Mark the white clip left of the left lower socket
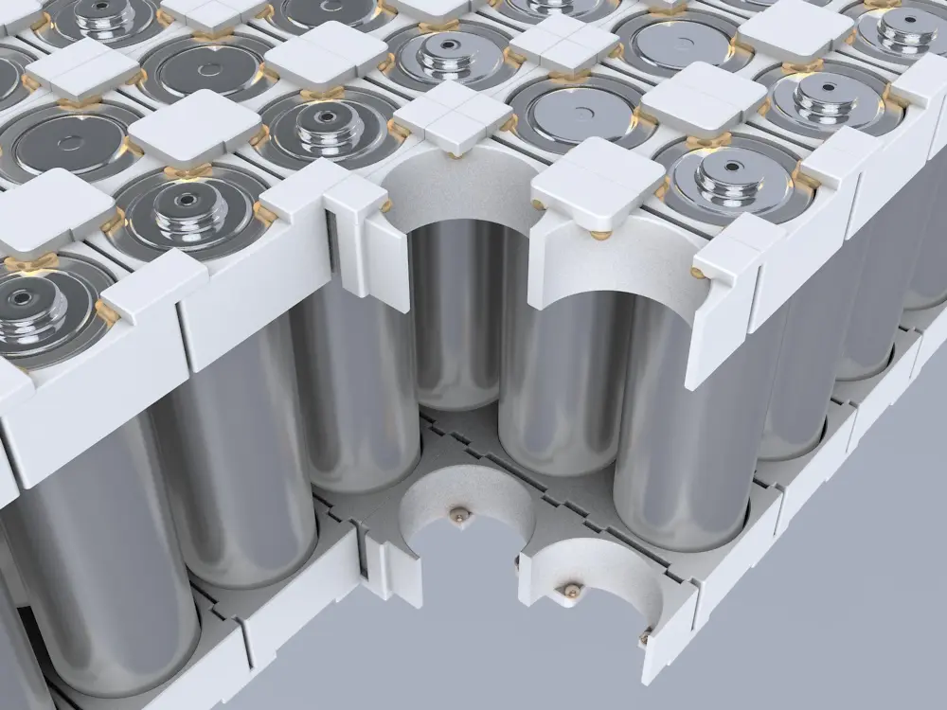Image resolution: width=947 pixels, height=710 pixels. [x=393, y=568]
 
